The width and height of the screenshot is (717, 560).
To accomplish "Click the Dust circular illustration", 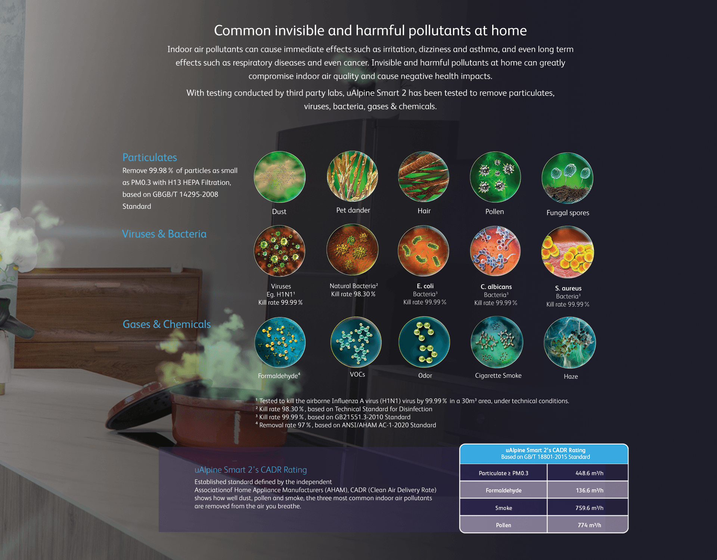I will click(x=279, y=177).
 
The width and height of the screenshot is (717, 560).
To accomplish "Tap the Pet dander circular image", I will click(x=352, y=176).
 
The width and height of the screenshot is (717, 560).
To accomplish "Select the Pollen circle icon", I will click(x=495, y=177).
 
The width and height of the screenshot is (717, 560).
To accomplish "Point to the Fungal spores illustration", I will click(x=567, y=178).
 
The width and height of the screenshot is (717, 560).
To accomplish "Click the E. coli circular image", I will click(x=423, y=251).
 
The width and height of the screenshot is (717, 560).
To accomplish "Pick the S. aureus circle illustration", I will click(x=567, y=252).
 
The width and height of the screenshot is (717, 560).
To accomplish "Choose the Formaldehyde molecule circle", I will click(x=280, y=342).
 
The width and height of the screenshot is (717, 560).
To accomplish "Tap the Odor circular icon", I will click(x=424, y=342).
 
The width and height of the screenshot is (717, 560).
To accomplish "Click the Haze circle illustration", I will click(x=569, y=343).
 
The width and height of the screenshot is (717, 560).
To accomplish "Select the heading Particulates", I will click(x=150, y=158).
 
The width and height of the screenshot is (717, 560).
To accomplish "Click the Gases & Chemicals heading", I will click(x=167, y=324).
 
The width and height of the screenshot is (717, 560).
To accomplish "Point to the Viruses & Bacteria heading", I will click(x=164, y=234).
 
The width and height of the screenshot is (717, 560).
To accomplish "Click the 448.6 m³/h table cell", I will click(x=589, y=473).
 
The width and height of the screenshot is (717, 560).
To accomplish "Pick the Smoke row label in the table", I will click(x=503, y=508).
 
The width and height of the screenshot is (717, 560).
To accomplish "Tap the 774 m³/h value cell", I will click(x=589, y=525).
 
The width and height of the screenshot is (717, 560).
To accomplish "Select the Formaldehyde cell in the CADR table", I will click(x=503, y=490).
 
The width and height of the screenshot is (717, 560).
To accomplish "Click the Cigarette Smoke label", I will click(x=498, y=376).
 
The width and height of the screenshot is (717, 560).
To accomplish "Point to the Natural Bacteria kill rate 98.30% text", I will click(x=353, y=294).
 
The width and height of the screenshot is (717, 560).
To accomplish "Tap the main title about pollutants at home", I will click(x=370, y=31).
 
